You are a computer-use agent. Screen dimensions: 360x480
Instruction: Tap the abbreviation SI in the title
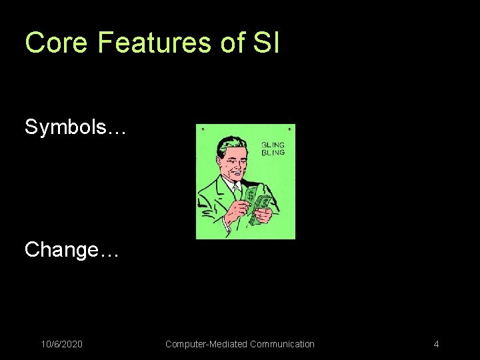click(x=266, y=43)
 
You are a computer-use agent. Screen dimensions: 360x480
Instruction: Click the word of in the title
click(x=232, y=43)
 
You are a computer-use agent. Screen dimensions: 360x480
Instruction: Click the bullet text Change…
click(x=71, y=250)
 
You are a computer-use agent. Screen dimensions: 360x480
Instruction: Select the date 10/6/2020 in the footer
click(x=62, y=344)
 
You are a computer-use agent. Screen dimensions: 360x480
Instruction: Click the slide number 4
click(x=436, y=344)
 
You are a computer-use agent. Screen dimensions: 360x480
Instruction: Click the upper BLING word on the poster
click(x=273, y=145)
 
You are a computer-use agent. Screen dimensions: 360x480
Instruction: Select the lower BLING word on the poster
click(x=273, y=153)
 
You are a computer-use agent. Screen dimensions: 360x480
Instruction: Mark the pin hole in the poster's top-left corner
click(x=203, y=128)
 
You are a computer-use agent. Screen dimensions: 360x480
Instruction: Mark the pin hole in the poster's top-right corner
click(x=289, y=128)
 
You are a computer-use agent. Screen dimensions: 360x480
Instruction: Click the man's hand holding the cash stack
click(x=263, y=215)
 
